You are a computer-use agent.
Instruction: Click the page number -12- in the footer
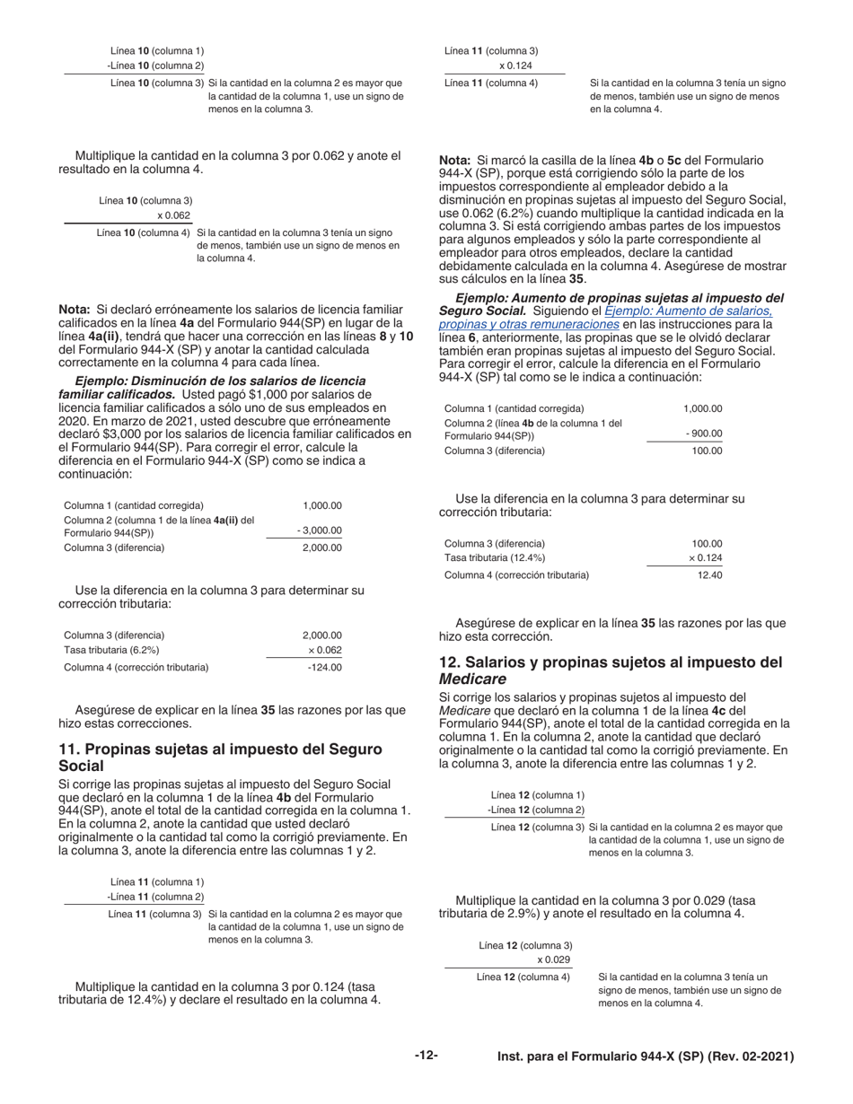tap(426, 1056)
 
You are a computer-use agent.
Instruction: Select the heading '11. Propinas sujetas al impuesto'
tap(220, 749)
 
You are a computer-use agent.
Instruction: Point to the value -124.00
tap(324, 667)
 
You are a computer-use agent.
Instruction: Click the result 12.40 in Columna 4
tap(709, 574)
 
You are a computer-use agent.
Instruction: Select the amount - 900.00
tap(703, 433)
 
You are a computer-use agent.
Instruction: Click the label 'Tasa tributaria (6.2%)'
tap(111, 650)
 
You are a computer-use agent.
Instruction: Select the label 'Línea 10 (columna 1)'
tap(156, 51)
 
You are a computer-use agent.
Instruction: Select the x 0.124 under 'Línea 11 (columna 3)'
tap(515, 66)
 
